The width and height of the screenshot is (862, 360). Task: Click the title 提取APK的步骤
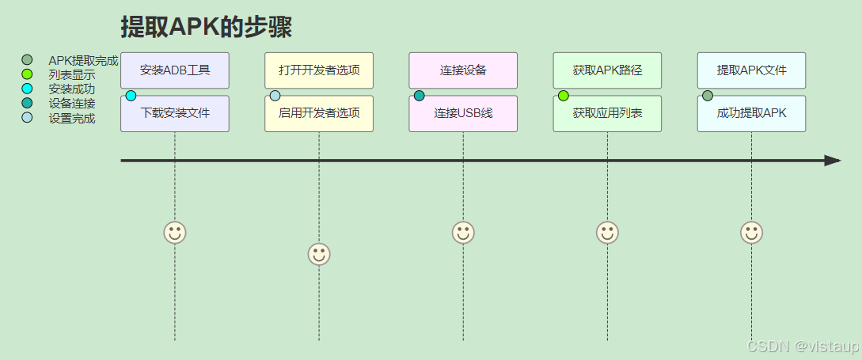click(207, 27)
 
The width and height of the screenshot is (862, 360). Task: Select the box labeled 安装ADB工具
click(175, 70)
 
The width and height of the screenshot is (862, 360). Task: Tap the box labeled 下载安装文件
click(175, 113)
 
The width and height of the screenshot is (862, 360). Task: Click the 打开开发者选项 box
click(319, 70)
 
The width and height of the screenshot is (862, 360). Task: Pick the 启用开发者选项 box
click(319, 113)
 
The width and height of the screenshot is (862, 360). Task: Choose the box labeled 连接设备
click(463, 70)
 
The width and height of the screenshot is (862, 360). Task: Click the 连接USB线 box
click(463, 113)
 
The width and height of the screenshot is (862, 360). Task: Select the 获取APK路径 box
click(607, 70)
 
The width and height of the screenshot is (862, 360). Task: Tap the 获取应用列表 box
click(607, 113)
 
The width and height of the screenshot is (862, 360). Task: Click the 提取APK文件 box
click(751, 70)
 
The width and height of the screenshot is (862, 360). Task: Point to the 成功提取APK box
click(751, 113)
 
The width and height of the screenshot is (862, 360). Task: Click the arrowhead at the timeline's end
click(832, 161)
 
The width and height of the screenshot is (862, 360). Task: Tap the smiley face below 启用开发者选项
click(319, 254)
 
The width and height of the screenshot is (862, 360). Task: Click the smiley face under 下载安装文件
click(175, 233)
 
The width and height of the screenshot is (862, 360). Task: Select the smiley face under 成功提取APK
click(751, 233)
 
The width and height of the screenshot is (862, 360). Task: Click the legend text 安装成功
click(71, 89)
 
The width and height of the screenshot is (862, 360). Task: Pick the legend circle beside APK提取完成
click(28, 60)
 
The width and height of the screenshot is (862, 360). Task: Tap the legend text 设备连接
click(71, 104)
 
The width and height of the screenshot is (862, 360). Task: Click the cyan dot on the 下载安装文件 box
click(131, 96)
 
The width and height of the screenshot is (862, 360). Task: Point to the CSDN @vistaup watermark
click(803, 347)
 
